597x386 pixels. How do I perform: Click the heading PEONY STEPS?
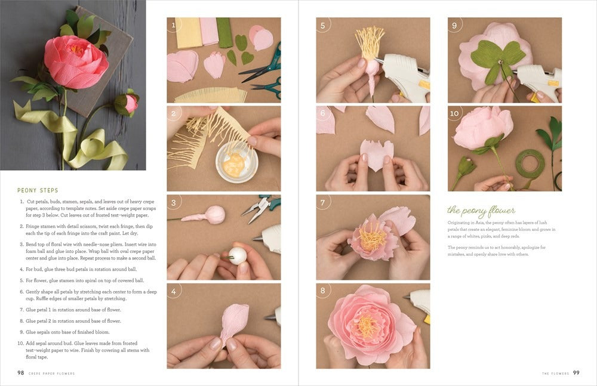coord(38,190)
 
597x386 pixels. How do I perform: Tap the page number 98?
coord(21,373)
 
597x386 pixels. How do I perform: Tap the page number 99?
coord(576,373)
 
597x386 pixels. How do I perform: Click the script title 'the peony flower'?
coord(481,211)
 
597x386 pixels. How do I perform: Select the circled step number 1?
coord(174,25)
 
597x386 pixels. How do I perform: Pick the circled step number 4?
coord(174,291)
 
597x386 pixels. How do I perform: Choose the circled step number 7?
coord(323,203)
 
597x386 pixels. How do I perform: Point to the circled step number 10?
coord(455,114)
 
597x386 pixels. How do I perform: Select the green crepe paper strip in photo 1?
coord(224,32)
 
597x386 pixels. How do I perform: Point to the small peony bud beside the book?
coord(128,103)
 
